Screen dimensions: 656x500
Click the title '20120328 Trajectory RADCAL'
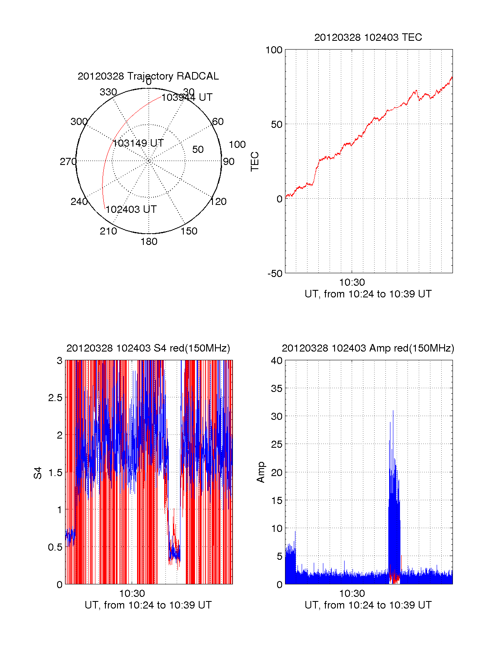coord(148,76)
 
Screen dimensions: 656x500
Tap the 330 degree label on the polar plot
coord(108,92)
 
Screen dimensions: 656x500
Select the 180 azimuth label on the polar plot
coord(149,242)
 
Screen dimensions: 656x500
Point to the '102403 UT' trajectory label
coord(131,210)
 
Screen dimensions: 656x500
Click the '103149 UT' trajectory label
coord(138,143)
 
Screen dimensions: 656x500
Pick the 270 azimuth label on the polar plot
coord(68,162)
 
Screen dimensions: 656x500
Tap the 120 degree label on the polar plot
coord(218,202)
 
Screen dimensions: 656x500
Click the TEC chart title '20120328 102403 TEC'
coord(368,37)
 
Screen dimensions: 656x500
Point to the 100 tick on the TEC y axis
coord(274,50)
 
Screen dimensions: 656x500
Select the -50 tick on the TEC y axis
coord(275,274)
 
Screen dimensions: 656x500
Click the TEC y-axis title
coord(255,162)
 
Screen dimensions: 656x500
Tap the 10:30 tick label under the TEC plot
coord(352,283)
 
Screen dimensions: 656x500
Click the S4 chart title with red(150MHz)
coord(148,348)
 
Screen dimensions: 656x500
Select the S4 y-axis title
coord(38,473)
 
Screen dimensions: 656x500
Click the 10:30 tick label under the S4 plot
coord(132,594)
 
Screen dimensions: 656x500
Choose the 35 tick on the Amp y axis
coord(276,389)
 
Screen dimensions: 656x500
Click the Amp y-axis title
coord(261,472)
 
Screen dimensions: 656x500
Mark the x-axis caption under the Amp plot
coord(368,605)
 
